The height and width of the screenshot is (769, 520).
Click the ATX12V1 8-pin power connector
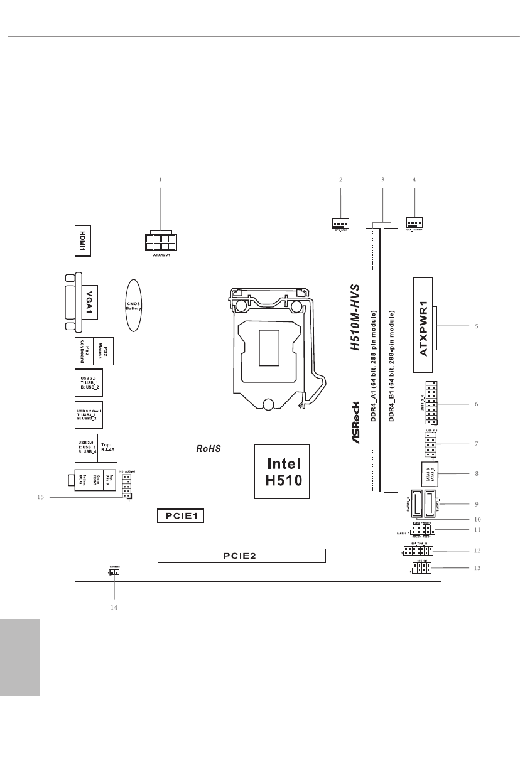click(x=160, y=242)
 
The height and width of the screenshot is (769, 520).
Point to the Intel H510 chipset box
click(x=284, y=472)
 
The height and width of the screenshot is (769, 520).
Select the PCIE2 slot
click(x=242, y=556)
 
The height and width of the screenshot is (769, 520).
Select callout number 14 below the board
click(x=114, y=607)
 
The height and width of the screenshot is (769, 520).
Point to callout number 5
click(x=477, y=326)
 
